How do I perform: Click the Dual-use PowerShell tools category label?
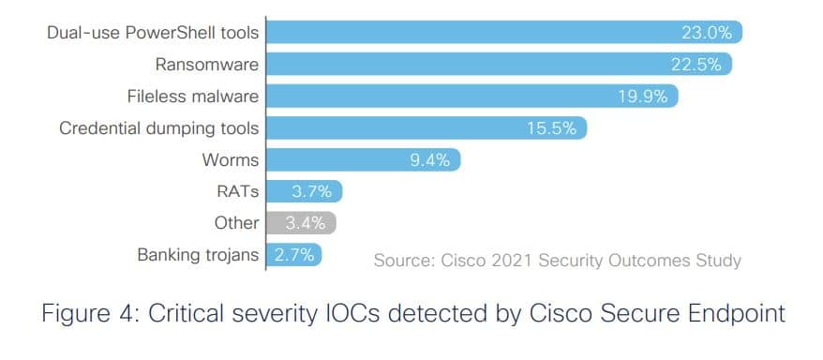point(152,33)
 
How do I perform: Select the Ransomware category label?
point(207,65)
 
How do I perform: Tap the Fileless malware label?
point(192,97)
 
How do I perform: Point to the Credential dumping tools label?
point(158,127)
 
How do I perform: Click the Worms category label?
point(230,159)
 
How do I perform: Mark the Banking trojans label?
point(198,254)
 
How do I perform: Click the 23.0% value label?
point(706,33)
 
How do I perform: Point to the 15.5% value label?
point(551,128)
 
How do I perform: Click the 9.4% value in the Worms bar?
point(429,159)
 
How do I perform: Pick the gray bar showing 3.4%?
point(301,223)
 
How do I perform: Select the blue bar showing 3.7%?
point(305,191)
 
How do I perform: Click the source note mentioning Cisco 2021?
point(557,260)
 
